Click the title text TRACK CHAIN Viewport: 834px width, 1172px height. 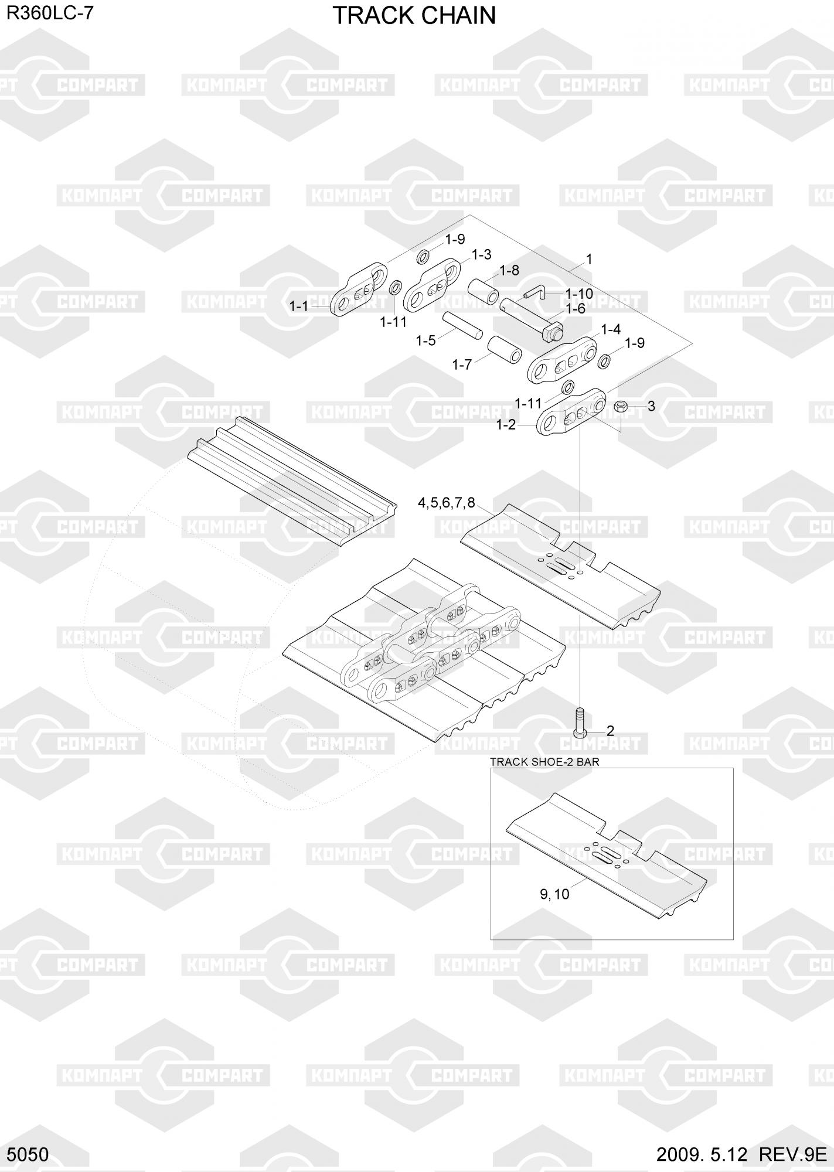tap(414, 16)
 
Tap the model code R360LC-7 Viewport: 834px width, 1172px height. tap(49, 14)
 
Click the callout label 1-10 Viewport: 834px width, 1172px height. tap(579, 294)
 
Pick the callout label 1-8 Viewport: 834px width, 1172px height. tap(509, 270)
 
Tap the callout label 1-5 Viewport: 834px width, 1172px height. tap(425, 340)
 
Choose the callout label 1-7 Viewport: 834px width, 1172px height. tap(462, 364)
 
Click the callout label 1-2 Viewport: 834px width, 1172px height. tap(506, 425)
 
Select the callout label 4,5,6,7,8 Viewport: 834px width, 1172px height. tap(446, 502)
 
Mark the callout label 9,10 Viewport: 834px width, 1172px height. tap(554, 894)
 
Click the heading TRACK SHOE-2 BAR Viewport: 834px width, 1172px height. tap(544, 762)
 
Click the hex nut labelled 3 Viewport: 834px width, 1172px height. tap(621, 406)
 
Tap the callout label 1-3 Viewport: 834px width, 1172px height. tap(481, 255)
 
